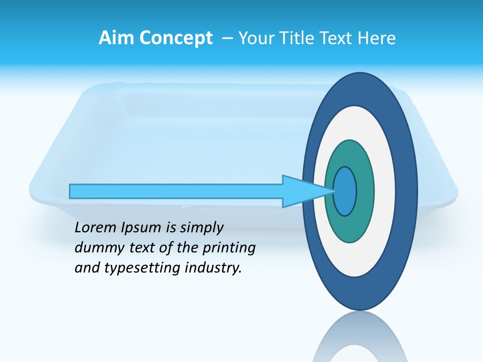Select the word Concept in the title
click(176, 38)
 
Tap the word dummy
click(96, 248)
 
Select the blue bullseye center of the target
click(345, 191)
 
